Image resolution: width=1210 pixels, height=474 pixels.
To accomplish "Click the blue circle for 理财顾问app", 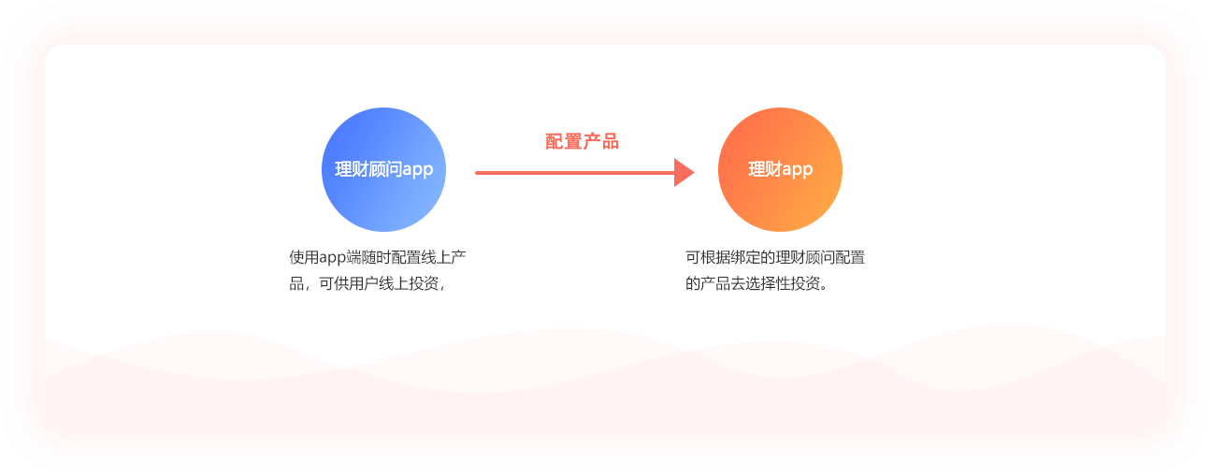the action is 383,169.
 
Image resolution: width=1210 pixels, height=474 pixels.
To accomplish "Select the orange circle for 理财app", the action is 780,169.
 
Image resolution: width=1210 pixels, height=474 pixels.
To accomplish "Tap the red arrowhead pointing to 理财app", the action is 684,173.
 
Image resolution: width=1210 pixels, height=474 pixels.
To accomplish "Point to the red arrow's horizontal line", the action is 575,173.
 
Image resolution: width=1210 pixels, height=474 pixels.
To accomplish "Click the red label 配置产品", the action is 582,141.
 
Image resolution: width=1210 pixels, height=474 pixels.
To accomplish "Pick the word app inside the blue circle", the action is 418,170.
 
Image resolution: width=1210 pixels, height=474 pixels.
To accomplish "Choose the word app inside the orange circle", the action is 798,170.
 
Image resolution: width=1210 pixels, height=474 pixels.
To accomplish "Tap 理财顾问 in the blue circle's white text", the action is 368,169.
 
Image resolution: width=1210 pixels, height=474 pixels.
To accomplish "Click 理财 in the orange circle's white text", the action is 764,169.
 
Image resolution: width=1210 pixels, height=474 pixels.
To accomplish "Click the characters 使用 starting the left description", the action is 304,257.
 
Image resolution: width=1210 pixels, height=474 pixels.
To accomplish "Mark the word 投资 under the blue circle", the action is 423,283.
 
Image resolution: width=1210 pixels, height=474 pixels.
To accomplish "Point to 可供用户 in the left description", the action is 349,283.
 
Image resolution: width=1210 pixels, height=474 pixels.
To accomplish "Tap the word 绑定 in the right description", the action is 745,257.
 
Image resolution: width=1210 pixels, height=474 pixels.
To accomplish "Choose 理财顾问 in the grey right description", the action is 804,257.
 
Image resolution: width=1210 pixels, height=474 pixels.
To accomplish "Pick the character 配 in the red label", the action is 554,141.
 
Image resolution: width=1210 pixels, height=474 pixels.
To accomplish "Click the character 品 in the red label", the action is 610,141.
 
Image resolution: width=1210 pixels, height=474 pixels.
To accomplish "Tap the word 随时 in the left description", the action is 375,257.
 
